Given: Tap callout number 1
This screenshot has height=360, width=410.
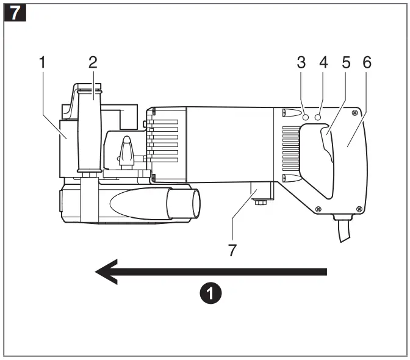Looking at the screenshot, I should (x=43, y=62).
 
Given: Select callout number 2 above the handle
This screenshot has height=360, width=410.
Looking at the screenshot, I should (x=93, y=62).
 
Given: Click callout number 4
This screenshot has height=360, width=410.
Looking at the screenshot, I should (x=323, y=62).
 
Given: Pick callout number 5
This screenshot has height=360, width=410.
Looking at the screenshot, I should (x=345, y=62).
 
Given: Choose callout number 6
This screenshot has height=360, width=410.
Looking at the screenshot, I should (x=367, y=62).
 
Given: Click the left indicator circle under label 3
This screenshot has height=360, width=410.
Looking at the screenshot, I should (x=305, y=115).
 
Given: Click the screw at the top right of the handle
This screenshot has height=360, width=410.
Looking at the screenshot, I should (x=354, y=113).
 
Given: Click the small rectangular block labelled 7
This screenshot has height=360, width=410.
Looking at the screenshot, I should (x=261, y=195).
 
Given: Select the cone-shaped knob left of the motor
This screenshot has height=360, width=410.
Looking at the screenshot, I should (x=126, y=150).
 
